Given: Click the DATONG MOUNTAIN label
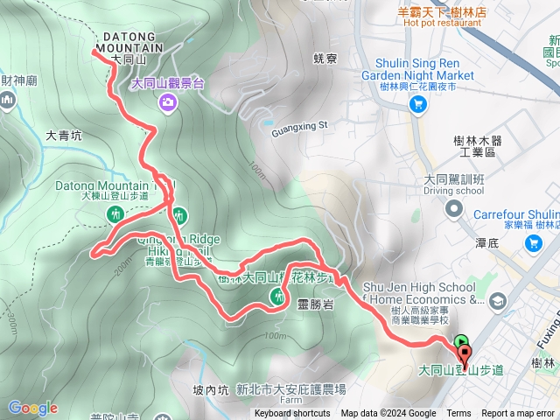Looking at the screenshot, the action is coord(127,41).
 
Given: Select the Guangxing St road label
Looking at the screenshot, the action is coord(298,125).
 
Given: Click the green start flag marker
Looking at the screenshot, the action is coord(462,342).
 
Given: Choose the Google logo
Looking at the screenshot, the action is coord(33,408).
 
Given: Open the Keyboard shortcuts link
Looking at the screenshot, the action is coord(292,414).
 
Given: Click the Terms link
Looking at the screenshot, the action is coord(458,414).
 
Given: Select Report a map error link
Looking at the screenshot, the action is coord(519,414).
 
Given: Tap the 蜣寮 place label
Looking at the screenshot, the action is coord(325,59).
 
